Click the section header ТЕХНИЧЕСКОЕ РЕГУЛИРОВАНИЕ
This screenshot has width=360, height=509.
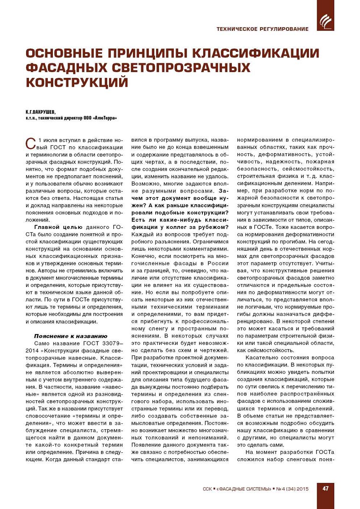(262, 29)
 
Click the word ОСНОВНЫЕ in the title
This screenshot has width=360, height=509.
(64, 54)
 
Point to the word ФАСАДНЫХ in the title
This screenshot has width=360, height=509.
(66, 68)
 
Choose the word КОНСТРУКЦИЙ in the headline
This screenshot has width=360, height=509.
(77, 82)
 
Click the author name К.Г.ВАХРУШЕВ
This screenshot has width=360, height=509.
(40, 112)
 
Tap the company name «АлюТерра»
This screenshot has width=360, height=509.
(105, 118)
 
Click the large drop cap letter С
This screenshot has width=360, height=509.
(31, 144)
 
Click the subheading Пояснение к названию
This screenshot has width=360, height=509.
(71, 336)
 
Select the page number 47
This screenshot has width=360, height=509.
(325, 488)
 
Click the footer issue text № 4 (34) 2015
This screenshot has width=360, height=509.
(292, 489)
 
